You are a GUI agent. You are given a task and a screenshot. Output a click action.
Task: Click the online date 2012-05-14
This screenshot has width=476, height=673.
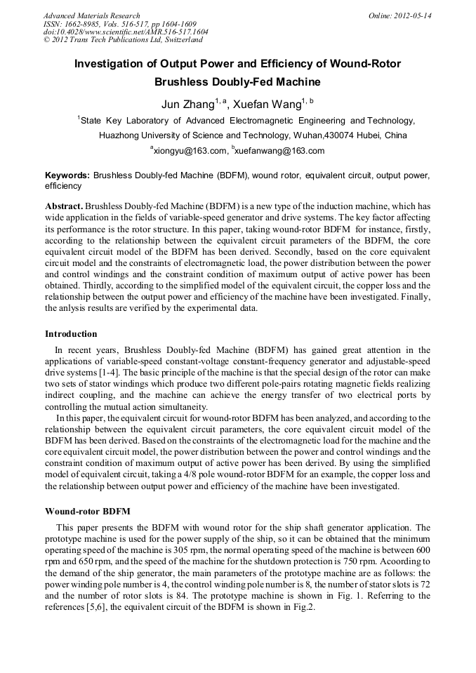click(x=414, y=15)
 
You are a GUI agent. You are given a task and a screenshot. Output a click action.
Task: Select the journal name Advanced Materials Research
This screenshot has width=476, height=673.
click(x=91, y=15)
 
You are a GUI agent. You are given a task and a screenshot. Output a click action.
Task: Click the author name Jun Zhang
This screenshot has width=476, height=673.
click(x=187, y=105)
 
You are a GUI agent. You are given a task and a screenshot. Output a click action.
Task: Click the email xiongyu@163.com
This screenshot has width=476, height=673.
click(x=190, y=151)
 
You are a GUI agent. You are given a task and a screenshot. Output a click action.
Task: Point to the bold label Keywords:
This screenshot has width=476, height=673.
click(x=67, y=175)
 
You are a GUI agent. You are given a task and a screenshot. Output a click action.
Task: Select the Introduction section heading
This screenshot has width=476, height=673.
click(x=71, y=333)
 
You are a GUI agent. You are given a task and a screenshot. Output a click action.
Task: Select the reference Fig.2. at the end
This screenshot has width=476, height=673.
click(x=304, y=608)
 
